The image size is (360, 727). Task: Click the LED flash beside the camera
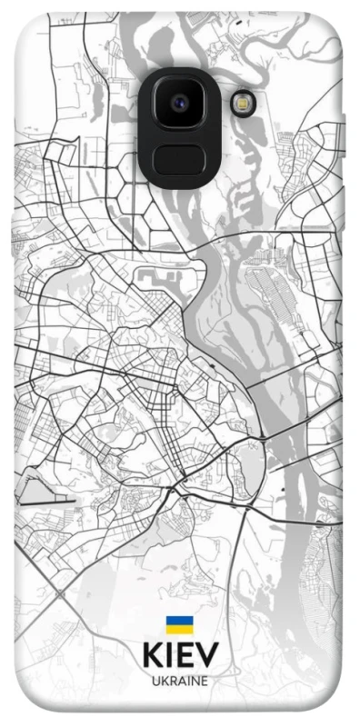pyautogui.click(x=243, y=104)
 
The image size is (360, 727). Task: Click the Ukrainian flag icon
pyautogui.click(x=179, y=625)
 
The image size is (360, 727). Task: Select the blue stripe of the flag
pyautogui.click(x=179, y=622)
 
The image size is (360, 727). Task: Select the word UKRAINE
pyautogui.click(x=179, y=680)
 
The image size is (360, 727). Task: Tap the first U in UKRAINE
pyautogui.click(x=155, y=680)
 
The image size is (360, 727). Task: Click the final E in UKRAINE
pyautogui.click(x=205, y=680)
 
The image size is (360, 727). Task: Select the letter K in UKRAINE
pyautogui.click(x=164, y=680)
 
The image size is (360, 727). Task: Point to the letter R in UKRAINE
pyautogui.click(x=172, y=680)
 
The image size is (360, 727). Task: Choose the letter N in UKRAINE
pyautogui.click(x=195, y=680)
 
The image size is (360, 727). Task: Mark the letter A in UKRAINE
pyautogui.click(x=180, y=680)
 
